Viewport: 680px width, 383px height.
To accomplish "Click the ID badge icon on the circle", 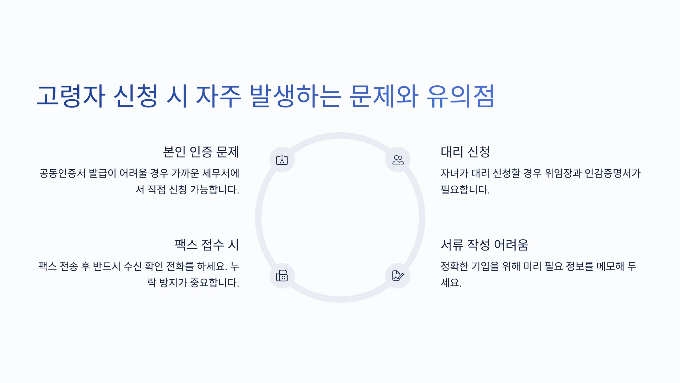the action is coord(282,160).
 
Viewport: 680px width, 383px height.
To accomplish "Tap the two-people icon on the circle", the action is coord(398,160).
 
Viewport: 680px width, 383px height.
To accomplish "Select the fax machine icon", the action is coord(282,276).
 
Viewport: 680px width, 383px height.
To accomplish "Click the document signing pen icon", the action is coord(398,276).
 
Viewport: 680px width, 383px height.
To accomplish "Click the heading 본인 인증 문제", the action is coord(201,152).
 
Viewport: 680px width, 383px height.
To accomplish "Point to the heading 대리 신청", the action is coord(465,152).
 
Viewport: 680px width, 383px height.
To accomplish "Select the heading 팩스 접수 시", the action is coord(207,245).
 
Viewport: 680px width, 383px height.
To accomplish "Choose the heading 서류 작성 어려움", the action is coord(484,245).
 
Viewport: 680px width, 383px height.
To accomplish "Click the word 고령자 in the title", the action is coord(71,96).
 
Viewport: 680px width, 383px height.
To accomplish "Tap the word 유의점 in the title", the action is coord(460,96).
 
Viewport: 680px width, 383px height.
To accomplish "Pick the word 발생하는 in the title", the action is coord(295,96).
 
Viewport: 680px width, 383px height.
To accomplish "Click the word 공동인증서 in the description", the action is coord(62,173).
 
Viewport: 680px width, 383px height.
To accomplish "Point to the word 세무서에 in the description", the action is coord(221,173).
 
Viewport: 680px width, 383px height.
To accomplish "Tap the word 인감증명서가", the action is coord(613,173).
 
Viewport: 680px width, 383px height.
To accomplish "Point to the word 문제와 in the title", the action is coord(384,96).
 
